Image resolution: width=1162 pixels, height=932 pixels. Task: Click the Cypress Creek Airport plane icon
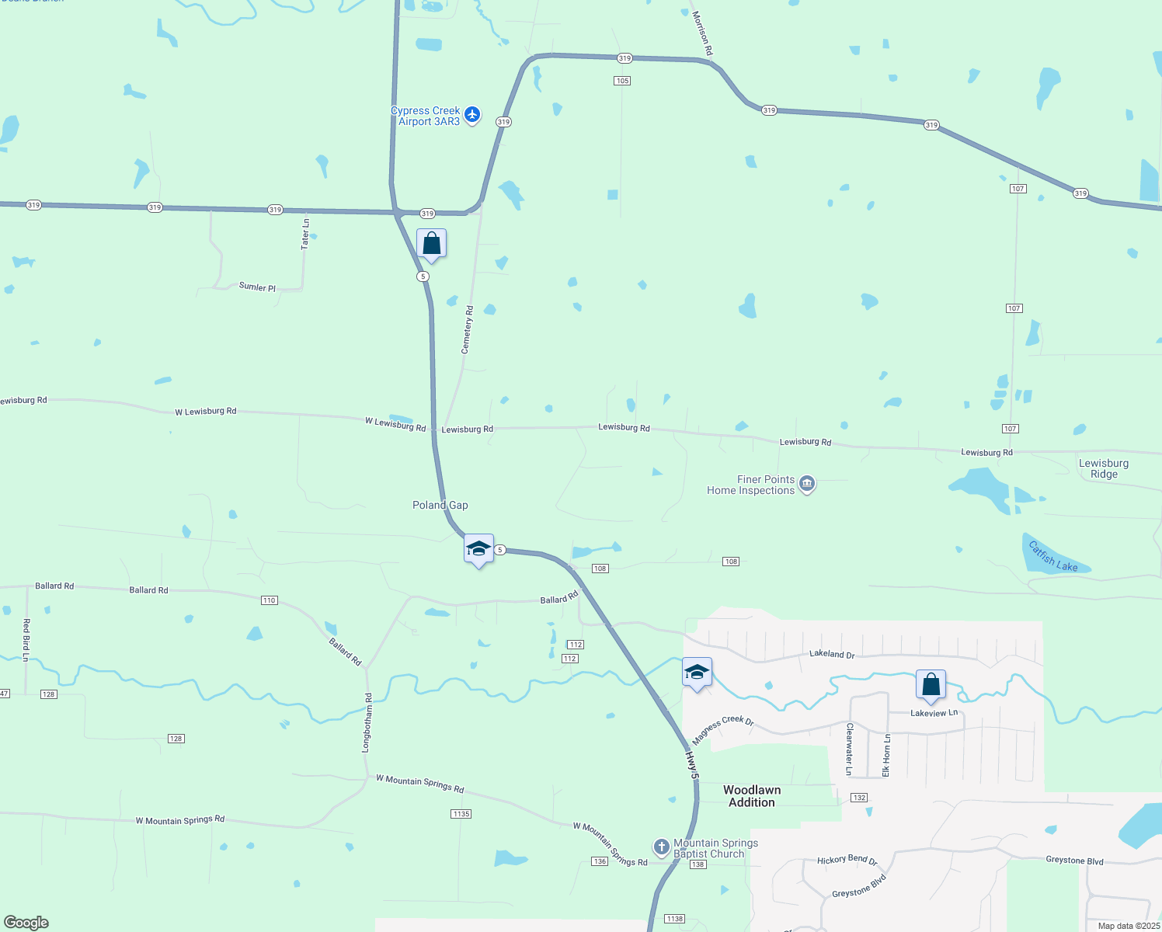coord(472,116)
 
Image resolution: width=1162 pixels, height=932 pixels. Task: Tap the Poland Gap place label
coord(440,505)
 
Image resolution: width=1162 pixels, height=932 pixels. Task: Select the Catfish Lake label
coord(1052,556)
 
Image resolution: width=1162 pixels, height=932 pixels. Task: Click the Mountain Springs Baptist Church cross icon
coord(661,847)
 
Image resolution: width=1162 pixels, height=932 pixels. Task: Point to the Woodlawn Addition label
coord(752,796)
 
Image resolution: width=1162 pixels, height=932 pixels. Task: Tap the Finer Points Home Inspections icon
coord(807,485)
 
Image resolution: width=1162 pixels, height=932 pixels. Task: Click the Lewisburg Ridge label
coord(1104,468)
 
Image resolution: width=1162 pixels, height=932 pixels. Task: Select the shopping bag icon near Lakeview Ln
coord(931,685)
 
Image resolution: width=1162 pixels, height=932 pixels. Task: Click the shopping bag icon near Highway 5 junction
coord(431,244)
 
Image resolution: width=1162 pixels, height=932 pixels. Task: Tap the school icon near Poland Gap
coord(478,549)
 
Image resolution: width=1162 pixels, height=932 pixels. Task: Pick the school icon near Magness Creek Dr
coord(697,673)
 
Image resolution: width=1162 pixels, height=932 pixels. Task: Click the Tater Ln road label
coord(305,233)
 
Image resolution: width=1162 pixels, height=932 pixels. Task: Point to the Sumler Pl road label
coord(257,287)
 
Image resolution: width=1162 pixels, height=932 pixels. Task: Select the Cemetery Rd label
coord(468,330)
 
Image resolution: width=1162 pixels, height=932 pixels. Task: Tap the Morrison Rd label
coord(701,33)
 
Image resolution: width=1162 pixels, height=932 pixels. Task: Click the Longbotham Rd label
coord(367,722)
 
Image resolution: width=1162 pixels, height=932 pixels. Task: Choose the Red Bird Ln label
coord(26,640)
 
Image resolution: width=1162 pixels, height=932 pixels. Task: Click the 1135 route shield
coord(461,814)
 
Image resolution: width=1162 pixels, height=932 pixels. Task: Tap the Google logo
coord(26,923)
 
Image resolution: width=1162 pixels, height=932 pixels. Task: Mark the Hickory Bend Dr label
coord(847,860)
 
